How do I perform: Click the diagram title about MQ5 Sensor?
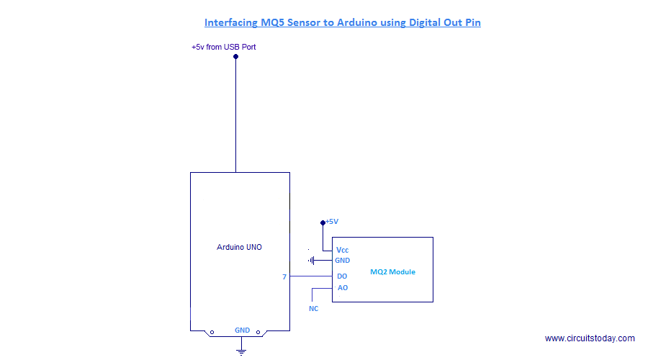[x=342, y=22]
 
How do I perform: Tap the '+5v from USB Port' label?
[x=224, y=47]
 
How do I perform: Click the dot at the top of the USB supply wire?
[x=235, y=56]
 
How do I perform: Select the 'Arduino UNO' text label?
[x=239, y=247]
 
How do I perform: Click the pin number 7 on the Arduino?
[x=284, y=276]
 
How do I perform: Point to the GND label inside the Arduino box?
[x=242, y=330]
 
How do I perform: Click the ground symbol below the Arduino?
[x=242, y=351]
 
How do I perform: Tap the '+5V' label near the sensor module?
[x=332, y=222]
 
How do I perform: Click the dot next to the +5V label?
[x=323, y=222]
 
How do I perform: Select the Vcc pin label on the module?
[x=343, y=249]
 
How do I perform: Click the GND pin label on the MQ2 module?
[x=342, y=261]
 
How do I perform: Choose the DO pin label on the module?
[x=342, y=276]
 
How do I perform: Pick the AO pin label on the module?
[x=342, y=287]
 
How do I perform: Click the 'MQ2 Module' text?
[x=392, y=272]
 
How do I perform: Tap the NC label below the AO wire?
[x=314, y=308]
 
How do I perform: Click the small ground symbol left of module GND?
[x=312, y=261]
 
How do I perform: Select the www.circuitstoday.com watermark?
[x=590, y=338]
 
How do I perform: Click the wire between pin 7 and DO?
[x=310, y=276]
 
